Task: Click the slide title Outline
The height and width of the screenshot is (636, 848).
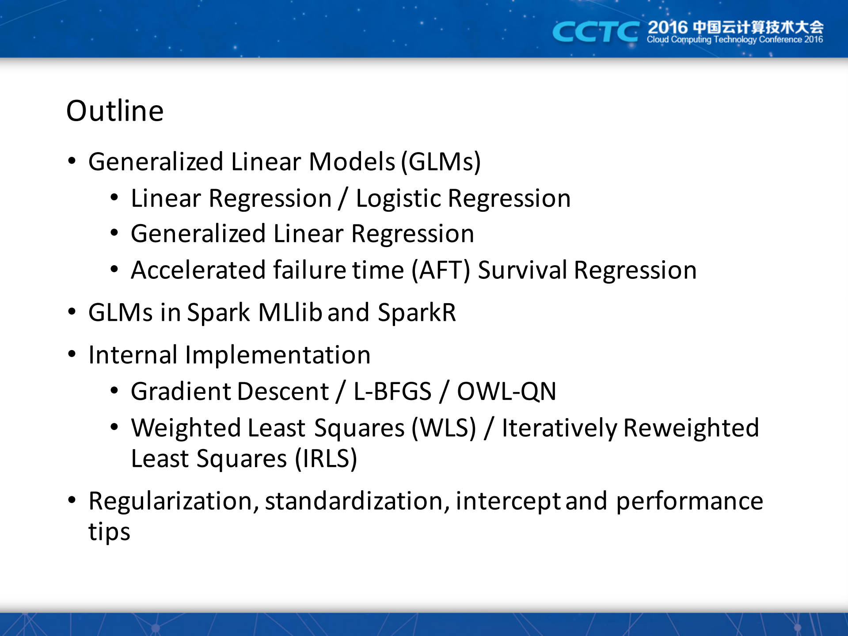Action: [x=115, y=111]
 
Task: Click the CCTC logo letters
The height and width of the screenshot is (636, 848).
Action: [x=595, y=32]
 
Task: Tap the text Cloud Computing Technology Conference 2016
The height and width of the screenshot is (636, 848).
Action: [x=734, y=40]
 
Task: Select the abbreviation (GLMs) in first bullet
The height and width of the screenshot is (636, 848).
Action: [x=441, y=162]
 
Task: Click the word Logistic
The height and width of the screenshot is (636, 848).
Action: [x=398, y=198]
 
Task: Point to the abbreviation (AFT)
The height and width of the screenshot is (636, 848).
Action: [x=441, y=270]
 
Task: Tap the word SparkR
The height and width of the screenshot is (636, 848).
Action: [x=417, y=312]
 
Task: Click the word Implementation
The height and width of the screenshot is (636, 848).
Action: [x=278, y=355]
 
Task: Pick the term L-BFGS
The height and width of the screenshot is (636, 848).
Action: [x=392, y=392]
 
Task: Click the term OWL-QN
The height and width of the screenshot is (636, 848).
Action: [x=506, y=392]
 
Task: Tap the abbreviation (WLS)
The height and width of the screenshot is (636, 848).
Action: [x=444, y=428]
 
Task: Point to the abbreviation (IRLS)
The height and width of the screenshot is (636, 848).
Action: [x=326, y=459]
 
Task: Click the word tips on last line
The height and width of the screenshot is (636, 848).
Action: [x=109, y=532]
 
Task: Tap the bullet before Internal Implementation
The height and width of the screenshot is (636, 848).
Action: [x=72, y=354]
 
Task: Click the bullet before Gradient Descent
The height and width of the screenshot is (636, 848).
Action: [x=114, y=391]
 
